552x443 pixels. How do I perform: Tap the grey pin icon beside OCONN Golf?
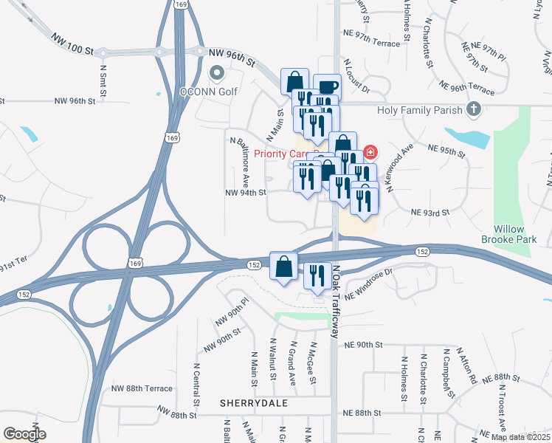coord(217,73)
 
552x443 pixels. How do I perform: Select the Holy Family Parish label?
coord(419,111)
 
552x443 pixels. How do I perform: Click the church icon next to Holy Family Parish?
coord(474,111)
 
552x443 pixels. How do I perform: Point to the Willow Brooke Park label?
coord(515,234)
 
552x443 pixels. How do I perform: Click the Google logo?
coord(24,434)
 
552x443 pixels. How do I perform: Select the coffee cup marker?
coord(327,87)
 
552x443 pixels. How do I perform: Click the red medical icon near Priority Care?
coord(369,154)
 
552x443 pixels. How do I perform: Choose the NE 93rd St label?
coord(429,213)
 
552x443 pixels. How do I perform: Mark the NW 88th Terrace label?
coord(142,388)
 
